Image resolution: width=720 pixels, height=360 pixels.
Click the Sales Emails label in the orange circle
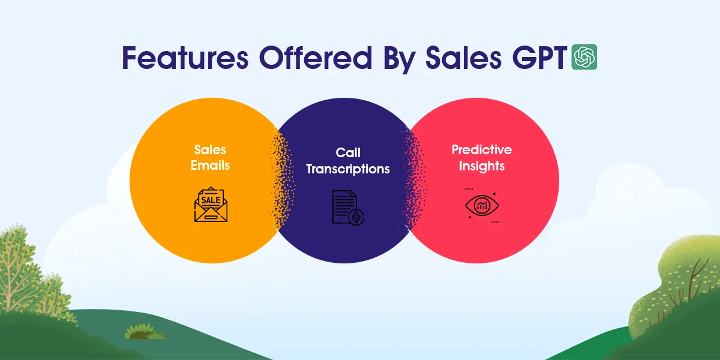tap(211, 157)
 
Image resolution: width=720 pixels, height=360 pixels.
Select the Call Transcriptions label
tap(348, 161)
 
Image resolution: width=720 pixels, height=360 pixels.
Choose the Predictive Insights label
tap(482, 157)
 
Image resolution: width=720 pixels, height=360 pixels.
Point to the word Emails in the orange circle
tap(211, 165)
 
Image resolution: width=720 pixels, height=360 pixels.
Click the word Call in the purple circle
tap(348, 153)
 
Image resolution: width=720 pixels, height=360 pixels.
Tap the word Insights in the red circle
tap(482, 166)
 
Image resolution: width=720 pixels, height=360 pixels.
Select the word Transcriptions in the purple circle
tap(348, 169)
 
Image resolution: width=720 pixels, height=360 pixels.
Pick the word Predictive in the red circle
tap(482, 149)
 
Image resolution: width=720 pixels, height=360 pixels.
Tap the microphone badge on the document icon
tap(357, 217)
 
